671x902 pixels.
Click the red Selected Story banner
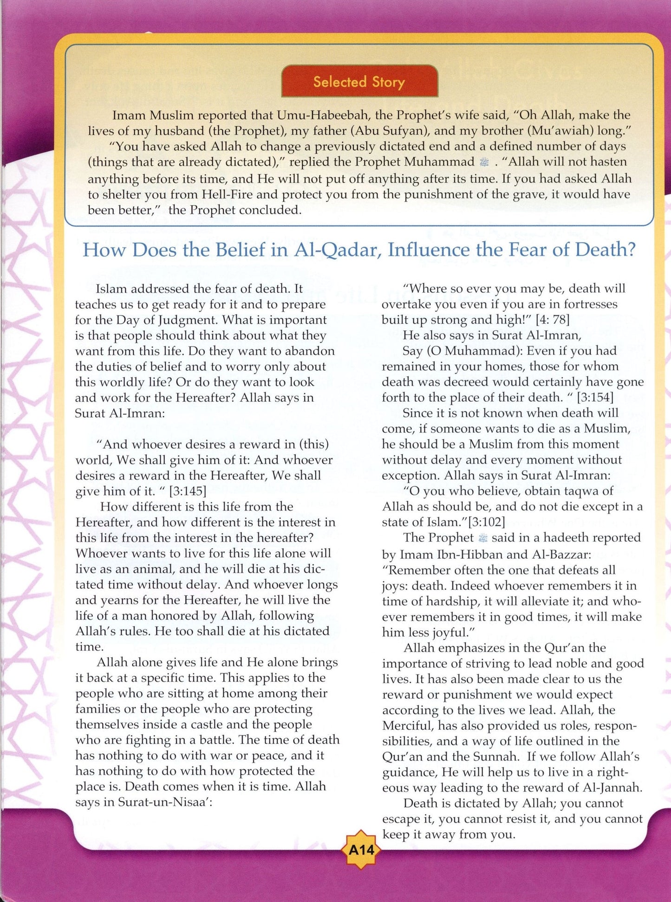pyautogui.click(x=359, y=82)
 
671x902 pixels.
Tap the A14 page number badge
pyautogui.click(x=361, y=850)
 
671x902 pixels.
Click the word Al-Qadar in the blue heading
pyautogui.click(x=338, y=250)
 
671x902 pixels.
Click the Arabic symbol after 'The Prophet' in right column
pyautogui.click(x=483, y=538)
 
